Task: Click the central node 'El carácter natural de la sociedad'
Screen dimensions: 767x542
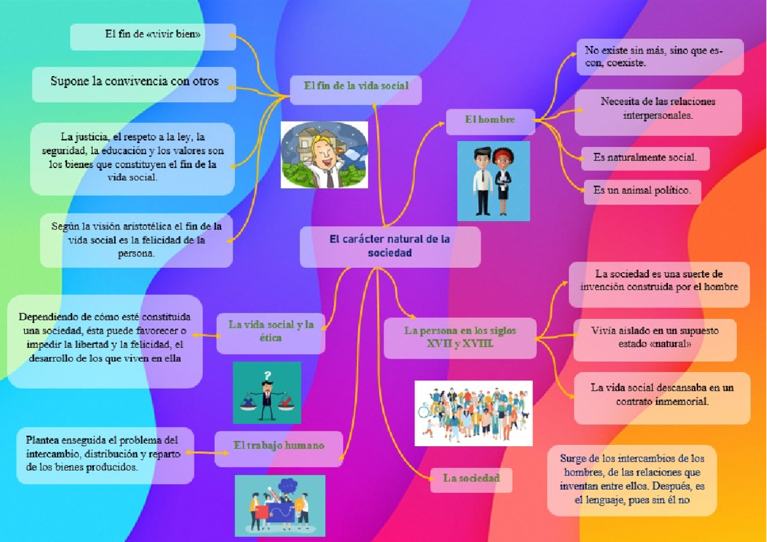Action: click(390, 247)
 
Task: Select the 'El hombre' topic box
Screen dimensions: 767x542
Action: click(490, 121)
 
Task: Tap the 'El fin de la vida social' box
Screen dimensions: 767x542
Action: click(356, 89)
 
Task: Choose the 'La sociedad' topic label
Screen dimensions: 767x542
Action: click(471, 480)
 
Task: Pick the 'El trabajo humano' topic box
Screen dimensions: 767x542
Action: click(279, 449)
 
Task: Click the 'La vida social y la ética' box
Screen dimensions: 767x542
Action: click(271, 333)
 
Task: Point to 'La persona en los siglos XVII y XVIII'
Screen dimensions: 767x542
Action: click(460, 338)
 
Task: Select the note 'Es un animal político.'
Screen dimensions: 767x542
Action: click(642, 192)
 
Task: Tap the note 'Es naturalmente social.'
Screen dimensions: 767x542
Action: click(645, 159)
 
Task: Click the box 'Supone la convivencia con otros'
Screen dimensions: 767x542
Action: click(134, 84)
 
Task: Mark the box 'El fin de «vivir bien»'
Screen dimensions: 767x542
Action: click(153, 36)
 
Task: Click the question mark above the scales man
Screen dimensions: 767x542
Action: click(267, 376)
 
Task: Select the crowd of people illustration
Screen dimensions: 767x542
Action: click(474, 414)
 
